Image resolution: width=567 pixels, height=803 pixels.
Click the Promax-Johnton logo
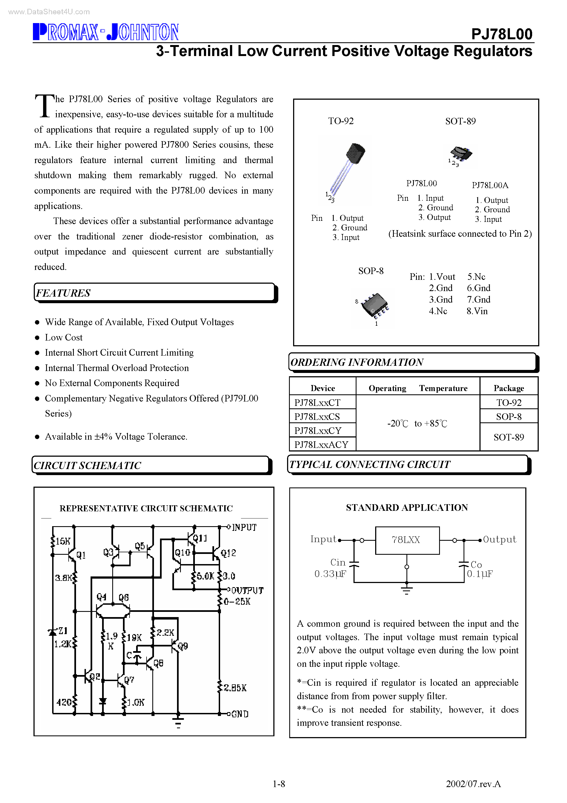tap(106, 32)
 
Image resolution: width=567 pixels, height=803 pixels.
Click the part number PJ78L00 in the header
tap(501, 34)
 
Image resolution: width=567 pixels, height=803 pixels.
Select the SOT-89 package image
tap(461, 155)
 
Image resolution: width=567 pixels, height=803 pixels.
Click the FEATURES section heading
tap(63, 293)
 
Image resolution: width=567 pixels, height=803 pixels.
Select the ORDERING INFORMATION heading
tap(357, 362)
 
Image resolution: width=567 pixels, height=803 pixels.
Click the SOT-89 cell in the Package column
tap(509, 437)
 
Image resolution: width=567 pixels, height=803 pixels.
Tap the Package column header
tap(509, 388)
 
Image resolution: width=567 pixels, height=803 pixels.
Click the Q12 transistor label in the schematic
tap(228, 553)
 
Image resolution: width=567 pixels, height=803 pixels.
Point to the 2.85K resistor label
tap(235, 688)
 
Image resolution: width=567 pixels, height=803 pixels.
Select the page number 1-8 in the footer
tap(279, 784)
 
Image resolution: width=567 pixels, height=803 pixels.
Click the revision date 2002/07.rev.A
tap(473, 784)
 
